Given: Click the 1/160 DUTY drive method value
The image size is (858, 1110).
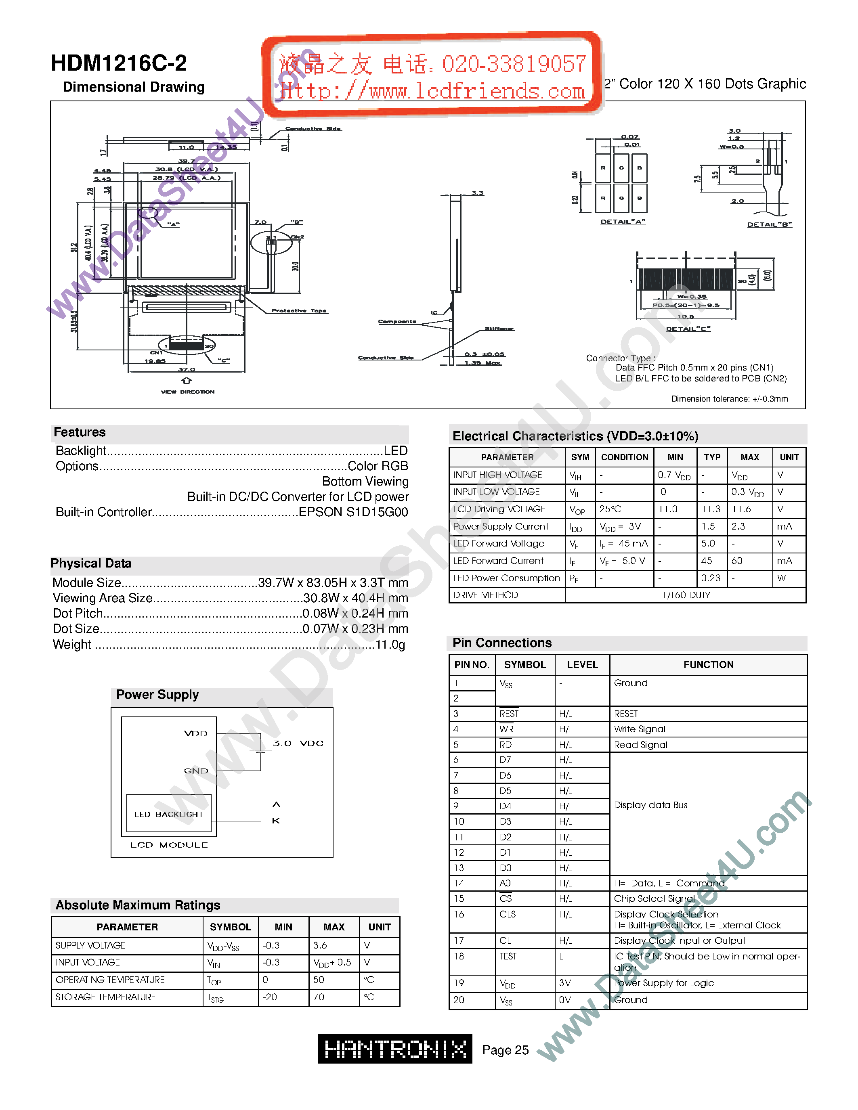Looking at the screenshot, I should (686, 595).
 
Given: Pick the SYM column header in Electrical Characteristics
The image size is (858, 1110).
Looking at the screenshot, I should (580, 457).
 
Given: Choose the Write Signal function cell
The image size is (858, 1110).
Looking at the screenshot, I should (640, 729).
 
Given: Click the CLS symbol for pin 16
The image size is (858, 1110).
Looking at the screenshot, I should (507, 914).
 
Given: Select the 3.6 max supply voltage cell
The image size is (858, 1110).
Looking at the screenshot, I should (320, 945).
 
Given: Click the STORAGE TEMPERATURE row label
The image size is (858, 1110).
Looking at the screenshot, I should (106, 997).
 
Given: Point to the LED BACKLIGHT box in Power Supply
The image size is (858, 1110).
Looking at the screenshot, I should (169, 814).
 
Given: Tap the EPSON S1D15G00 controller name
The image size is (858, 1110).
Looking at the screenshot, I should (353, 512).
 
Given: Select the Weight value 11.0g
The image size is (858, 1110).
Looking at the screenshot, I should (390, 645).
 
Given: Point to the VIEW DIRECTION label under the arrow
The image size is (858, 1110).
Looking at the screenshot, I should (188, 392).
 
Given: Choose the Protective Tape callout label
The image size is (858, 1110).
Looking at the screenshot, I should (299, 310).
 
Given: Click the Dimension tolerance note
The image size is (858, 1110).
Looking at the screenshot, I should (730, 399).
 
